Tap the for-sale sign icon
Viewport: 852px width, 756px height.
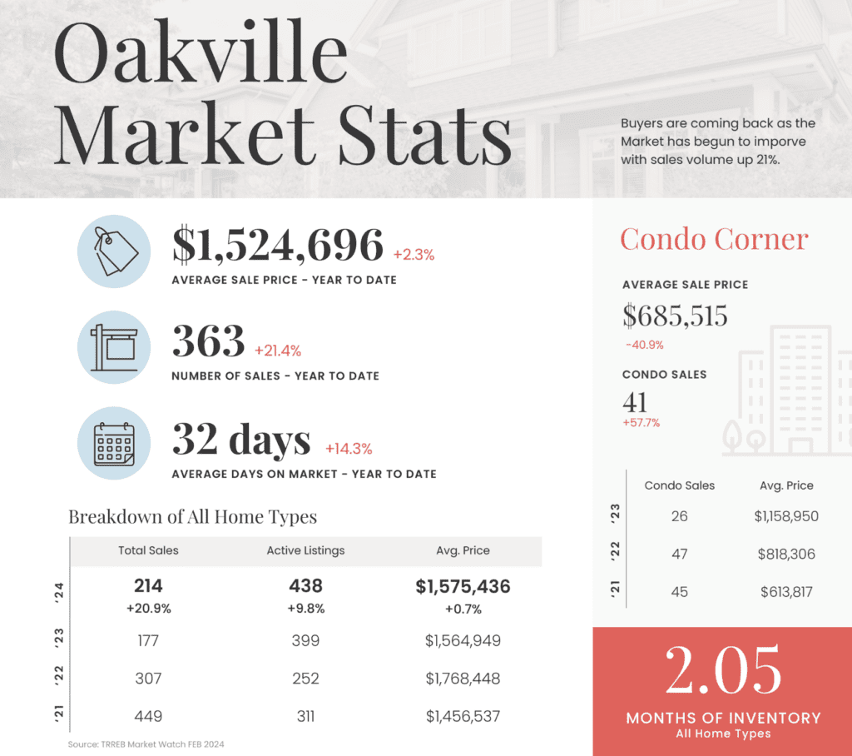click(113, 347)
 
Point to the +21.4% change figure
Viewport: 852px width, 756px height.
click(278, 350)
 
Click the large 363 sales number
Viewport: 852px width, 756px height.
click(208, 341)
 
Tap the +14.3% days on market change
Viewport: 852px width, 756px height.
click(349, 449)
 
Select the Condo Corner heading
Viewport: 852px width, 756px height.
click(714, 240)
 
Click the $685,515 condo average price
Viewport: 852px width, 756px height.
click(675, 316)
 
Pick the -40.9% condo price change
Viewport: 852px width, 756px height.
click(645, 344)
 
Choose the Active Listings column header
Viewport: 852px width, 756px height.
click(305, 550)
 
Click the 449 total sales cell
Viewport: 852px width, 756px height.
click(148, 716)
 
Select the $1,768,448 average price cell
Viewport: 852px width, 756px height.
click(463, 679)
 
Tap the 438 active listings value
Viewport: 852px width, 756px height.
click(305, 586)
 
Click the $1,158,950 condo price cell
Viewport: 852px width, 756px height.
click(786, 516)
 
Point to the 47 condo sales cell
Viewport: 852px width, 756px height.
click(679, 554)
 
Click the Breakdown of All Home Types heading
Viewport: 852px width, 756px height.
click(192, 517)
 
